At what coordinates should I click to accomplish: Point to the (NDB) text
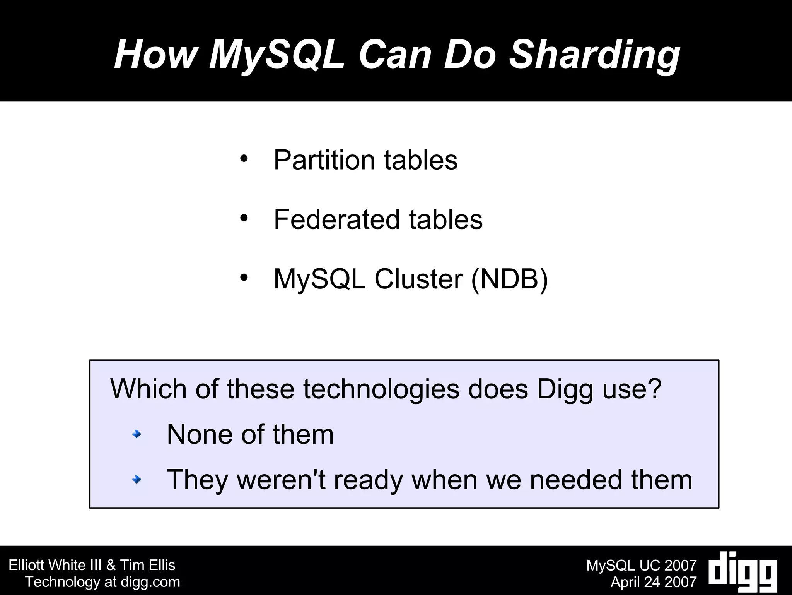pyautogui.click(x=509, y=279)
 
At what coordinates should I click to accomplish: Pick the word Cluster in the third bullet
pyautogui.click(x=418, y=279)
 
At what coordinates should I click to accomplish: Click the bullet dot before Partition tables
pyautogui.click(x=244, y=159)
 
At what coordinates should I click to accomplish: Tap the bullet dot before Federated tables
pyautogui.click(x=244, y=218)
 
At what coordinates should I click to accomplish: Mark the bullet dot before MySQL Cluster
pyautogui.click(x=244, y=278)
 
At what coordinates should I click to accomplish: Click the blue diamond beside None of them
pyautogui.click(x=137, y=435)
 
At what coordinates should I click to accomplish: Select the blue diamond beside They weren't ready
pyautogui.click(x=137, y=480)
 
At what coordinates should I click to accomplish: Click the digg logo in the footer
pyautogui.click(x=743, y=572)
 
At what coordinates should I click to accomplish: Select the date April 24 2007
pyautogui.click(x=654, y=582)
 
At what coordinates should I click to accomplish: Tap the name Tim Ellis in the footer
pyautogui.click(x=148, y=565)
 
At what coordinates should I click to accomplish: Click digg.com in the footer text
pyautogui.click(x=150, y=582)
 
